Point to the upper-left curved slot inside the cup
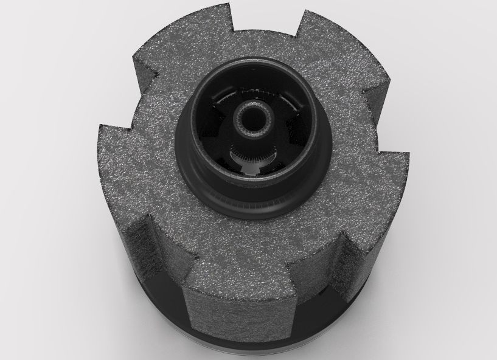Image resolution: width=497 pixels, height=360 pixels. tap(223, 101)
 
